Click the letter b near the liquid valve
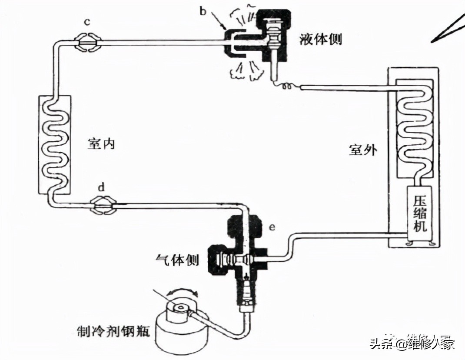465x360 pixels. [203, 11]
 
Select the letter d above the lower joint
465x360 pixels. [101, 188]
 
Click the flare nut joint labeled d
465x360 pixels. [103, 205]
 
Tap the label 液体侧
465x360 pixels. [321, 39]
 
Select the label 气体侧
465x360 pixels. [177, 260]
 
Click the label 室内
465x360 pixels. [101, 144]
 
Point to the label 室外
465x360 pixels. [363, 150]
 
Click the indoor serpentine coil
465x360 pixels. [55, 146]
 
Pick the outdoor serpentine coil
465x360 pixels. [414, 128]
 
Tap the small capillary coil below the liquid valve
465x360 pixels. [287, 87]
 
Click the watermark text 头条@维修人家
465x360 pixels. [412, 343]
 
